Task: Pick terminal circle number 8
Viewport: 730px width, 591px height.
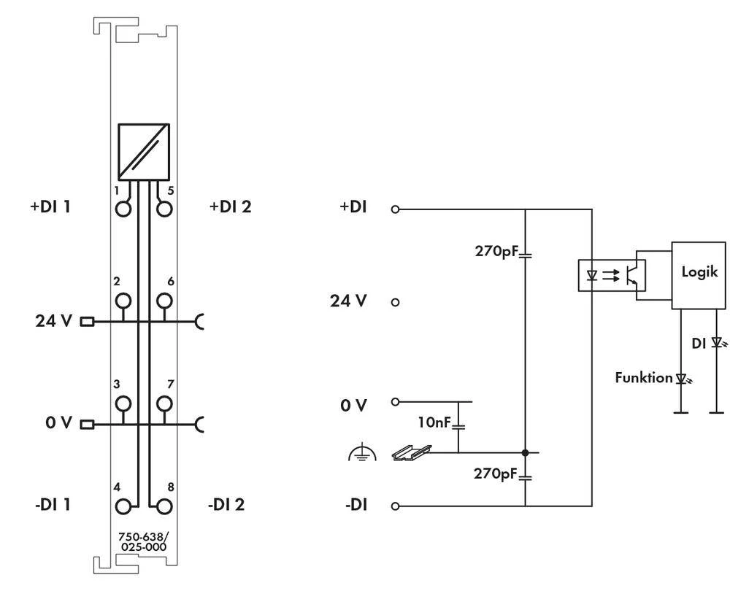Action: click(166, 505)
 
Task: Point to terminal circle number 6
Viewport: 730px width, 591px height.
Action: click(166, 300)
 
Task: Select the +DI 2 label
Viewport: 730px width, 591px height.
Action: click(230, 207)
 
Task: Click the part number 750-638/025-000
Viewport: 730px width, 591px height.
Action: click(142, 541)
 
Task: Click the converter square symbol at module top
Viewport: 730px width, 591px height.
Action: click(143, 151)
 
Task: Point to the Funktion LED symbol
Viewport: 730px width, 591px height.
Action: click(682, 379)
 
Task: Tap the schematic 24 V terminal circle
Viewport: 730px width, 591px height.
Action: click(396, 301)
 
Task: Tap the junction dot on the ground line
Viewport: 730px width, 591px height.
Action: click(525, 452)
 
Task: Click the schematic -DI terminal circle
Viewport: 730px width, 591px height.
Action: click(396, 506)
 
